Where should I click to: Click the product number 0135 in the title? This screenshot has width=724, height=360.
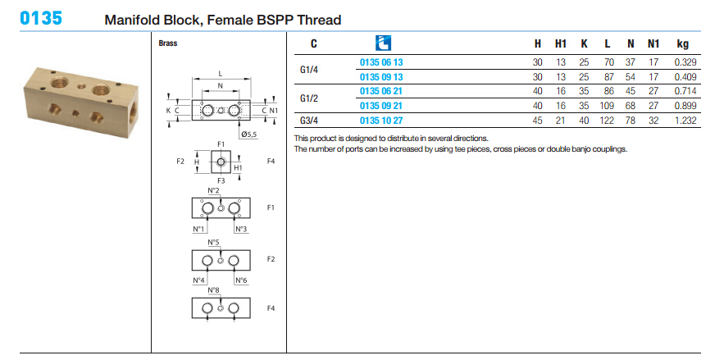coord(40,18)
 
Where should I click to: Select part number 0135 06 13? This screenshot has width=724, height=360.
coord(381,62)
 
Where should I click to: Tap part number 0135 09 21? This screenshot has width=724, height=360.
coord(381,107)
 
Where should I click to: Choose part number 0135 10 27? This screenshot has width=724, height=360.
coord(381,121)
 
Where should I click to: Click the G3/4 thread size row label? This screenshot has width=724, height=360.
coord(309,121)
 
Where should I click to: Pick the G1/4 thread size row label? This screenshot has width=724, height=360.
coord(309,69)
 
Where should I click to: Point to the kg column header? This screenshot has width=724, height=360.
coord(681,43)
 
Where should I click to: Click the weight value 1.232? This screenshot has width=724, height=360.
coord(684,121)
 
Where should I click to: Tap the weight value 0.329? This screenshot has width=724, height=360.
coord(684,62)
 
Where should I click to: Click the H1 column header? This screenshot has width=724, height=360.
coord(561,43)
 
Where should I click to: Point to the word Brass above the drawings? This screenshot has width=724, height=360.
coord(168,43)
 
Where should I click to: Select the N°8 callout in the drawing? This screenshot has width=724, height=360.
coord(212,290)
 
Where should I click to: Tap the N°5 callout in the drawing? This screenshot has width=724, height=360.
coord(212,243)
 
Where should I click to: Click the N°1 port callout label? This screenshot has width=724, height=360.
coord(198,230)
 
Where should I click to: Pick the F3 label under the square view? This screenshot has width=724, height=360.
coord(221,179)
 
